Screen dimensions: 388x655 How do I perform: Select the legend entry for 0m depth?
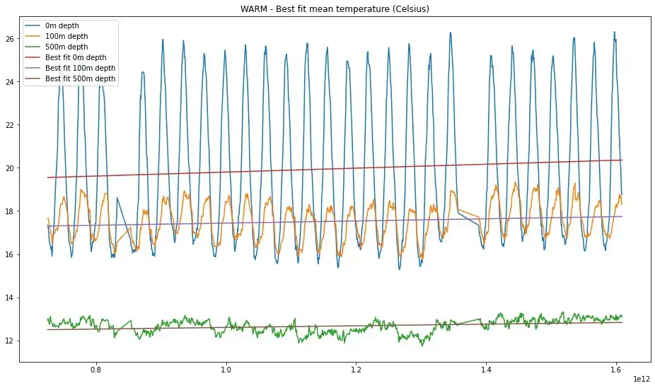(66, 25)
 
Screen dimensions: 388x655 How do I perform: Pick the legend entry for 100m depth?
(69, 36)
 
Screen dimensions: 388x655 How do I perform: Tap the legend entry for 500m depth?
(69, 47)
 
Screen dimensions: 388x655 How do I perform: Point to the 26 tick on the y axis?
(10, 39)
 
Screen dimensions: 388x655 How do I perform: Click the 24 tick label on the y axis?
(10, 82)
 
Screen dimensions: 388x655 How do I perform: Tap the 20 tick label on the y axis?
(10, 168)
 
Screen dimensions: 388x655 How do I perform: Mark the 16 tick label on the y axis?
(10, 254)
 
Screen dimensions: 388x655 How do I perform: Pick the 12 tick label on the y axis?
(10, 341)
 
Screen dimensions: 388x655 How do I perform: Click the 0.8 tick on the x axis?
(95, 370)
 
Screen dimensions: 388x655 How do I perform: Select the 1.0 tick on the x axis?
(226, 370)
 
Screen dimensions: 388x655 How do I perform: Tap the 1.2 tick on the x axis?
(356, 370)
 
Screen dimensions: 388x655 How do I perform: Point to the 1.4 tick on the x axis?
(486, 370)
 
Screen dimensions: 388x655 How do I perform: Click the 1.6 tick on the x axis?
(616, 370)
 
